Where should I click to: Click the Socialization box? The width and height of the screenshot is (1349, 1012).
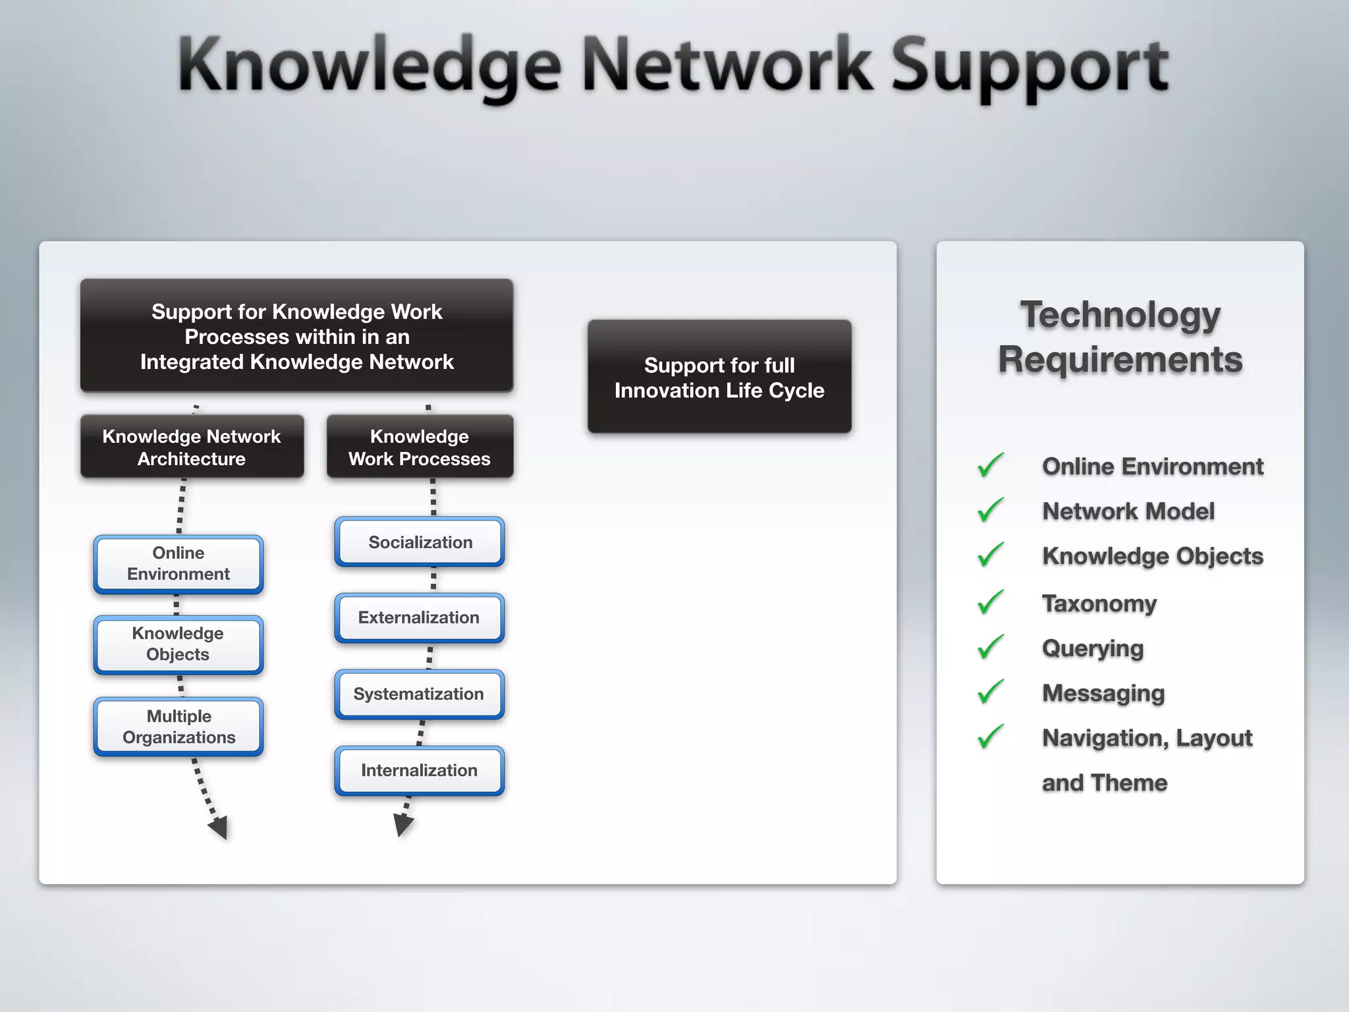[420, 542]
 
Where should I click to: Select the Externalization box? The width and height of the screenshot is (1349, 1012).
[420, 617]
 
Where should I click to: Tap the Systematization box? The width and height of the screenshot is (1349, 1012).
[420, 694]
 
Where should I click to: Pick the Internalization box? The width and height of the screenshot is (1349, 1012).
[420, 770]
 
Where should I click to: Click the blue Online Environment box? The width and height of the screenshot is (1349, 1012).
[179, 564]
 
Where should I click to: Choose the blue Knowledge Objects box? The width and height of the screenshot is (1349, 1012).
[179, 644]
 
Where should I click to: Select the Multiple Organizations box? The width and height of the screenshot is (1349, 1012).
[179, 727]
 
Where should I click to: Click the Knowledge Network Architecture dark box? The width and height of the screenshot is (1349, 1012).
[192, 447]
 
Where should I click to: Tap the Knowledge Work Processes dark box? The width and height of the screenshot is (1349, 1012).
[420, 447]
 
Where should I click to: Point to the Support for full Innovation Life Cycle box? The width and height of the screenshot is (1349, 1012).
[719, 377]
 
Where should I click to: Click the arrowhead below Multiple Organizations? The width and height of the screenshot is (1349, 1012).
[219, 826]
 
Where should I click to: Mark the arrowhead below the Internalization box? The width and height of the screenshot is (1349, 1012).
[402, 824]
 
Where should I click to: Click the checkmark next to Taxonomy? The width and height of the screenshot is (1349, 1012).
[990, 602]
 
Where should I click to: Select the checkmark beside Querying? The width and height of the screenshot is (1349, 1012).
[990, 646]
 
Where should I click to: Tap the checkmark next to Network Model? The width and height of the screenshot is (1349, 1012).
[990, 509]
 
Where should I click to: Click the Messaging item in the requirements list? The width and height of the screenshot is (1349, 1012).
[1103, 693]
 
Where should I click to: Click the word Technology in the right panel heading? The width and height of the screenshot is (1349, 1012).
[1120, 315]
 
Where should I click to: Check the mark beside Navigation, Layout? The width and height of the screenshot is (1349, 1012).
[990, 736]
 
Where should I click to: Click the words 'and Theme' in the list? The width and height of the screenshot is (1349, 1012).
[1105, 783]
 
